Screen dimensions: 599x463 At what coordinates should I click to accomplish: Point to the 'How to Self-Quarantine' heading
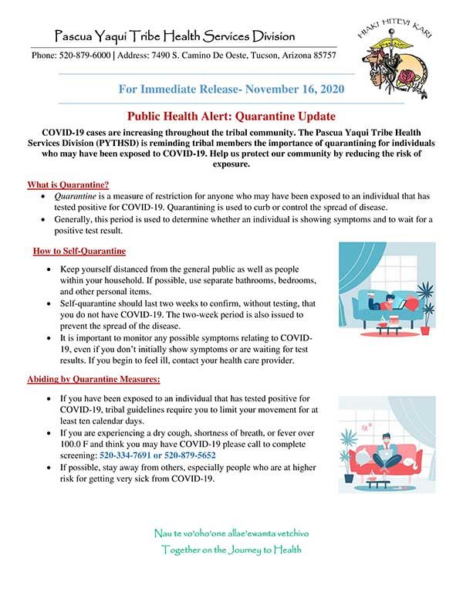click(79, 252)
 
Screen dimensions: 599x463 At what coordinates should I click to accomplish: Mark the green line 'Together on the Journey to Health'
click(231, 550)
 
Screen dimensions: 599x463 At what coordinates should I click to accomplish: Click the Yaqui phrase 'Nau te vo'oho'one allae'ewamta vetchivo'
click(231, 533)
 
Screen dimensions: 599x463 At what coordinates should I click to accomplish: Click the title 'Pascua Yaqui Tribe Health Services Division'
click(174, 36)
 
